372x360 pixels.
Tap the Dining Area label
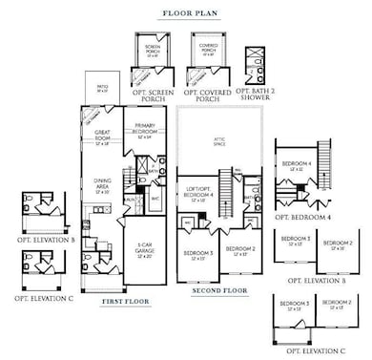(104, 187)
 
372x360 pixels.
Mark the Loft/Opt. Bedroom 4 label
(199, 198)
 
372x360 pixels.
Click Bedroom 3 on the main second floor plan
(198, 253)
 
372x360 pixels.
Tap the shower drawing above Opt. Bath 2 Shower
(255, 63)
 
